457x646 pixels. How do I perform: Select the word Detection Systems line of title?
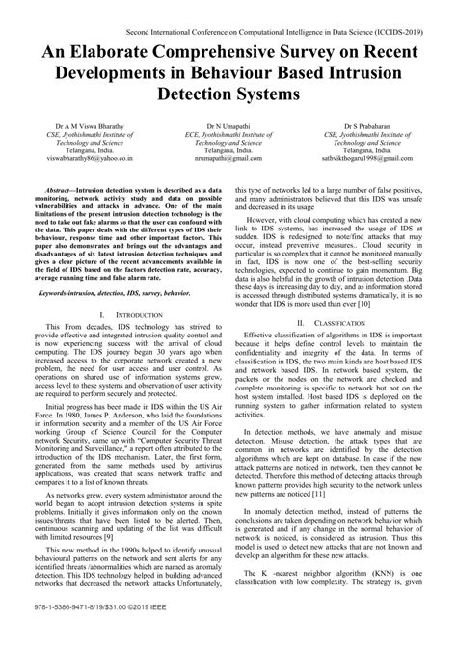point(228,97)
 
